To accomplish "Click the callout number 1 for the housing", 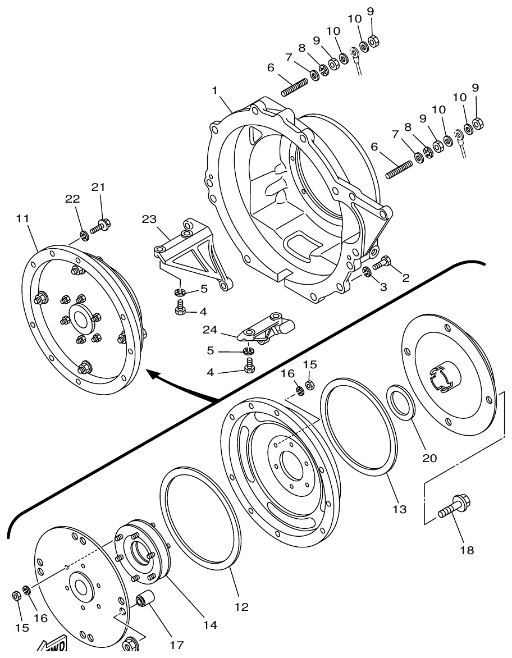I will [214, 90].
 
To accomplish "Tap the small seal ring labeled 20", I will [400, 401].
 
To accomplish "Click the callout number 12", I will [242, 606].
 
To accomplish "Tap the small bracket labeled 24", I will [267, 328].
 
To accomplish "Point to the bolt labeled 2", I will [381, 263].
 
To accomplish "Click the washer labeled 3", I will [367, 272].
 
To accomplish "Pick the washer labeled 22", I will [84, 234].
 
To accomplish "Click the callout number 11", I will [22, 218].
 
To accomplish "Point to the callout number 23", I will [149, 220].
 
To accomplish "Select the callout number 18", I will [467, 550].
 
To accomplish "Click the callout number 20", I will [429, 458].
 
